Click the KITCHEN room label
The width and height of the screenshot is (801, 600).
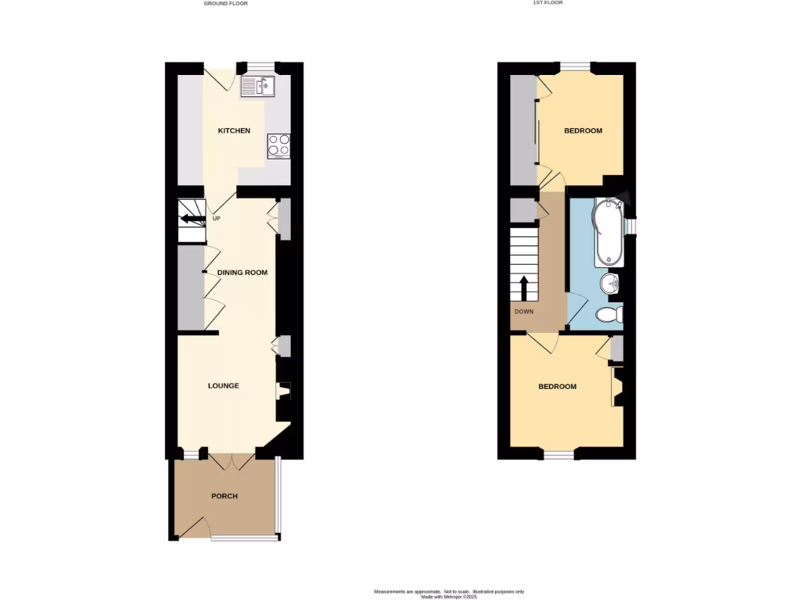[234, 130]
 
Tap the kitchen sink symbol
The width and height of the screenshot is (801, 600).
[257, 86]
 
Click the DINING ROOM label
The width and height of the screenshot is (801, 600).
[242, 273]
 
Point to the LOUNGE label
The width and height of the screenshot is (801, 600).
[223, 386]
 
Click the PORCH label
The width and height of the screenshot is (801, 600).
[224, 496]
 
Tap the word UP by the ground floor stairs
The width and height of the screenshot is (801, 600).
[216, 219]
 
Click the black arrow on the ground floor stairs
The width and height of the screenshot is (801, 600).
[191, 218]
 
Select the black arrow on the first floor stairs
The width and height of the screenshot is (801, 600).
[523, 287]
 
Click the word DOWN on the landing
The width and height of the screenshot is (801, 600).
[524, 312]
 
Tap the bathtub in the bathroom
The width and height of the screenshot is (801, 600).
[607, 233]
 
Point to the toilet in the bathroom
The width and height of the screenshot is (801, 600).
[609, 315]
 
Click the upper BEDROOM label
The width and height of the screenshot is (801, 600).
[584, 130]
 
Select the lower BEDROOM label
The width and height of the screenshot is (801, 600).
[557, 387]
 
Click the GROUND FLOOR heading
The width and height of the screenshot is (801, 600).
[231, 3]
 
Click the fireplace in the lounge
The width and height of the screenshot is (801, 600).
[284, 391]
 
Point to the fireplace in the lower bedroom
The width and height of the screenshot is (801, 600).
[617, 388]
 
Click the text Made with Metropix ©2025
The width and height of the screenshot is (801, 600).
[448, 597]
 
